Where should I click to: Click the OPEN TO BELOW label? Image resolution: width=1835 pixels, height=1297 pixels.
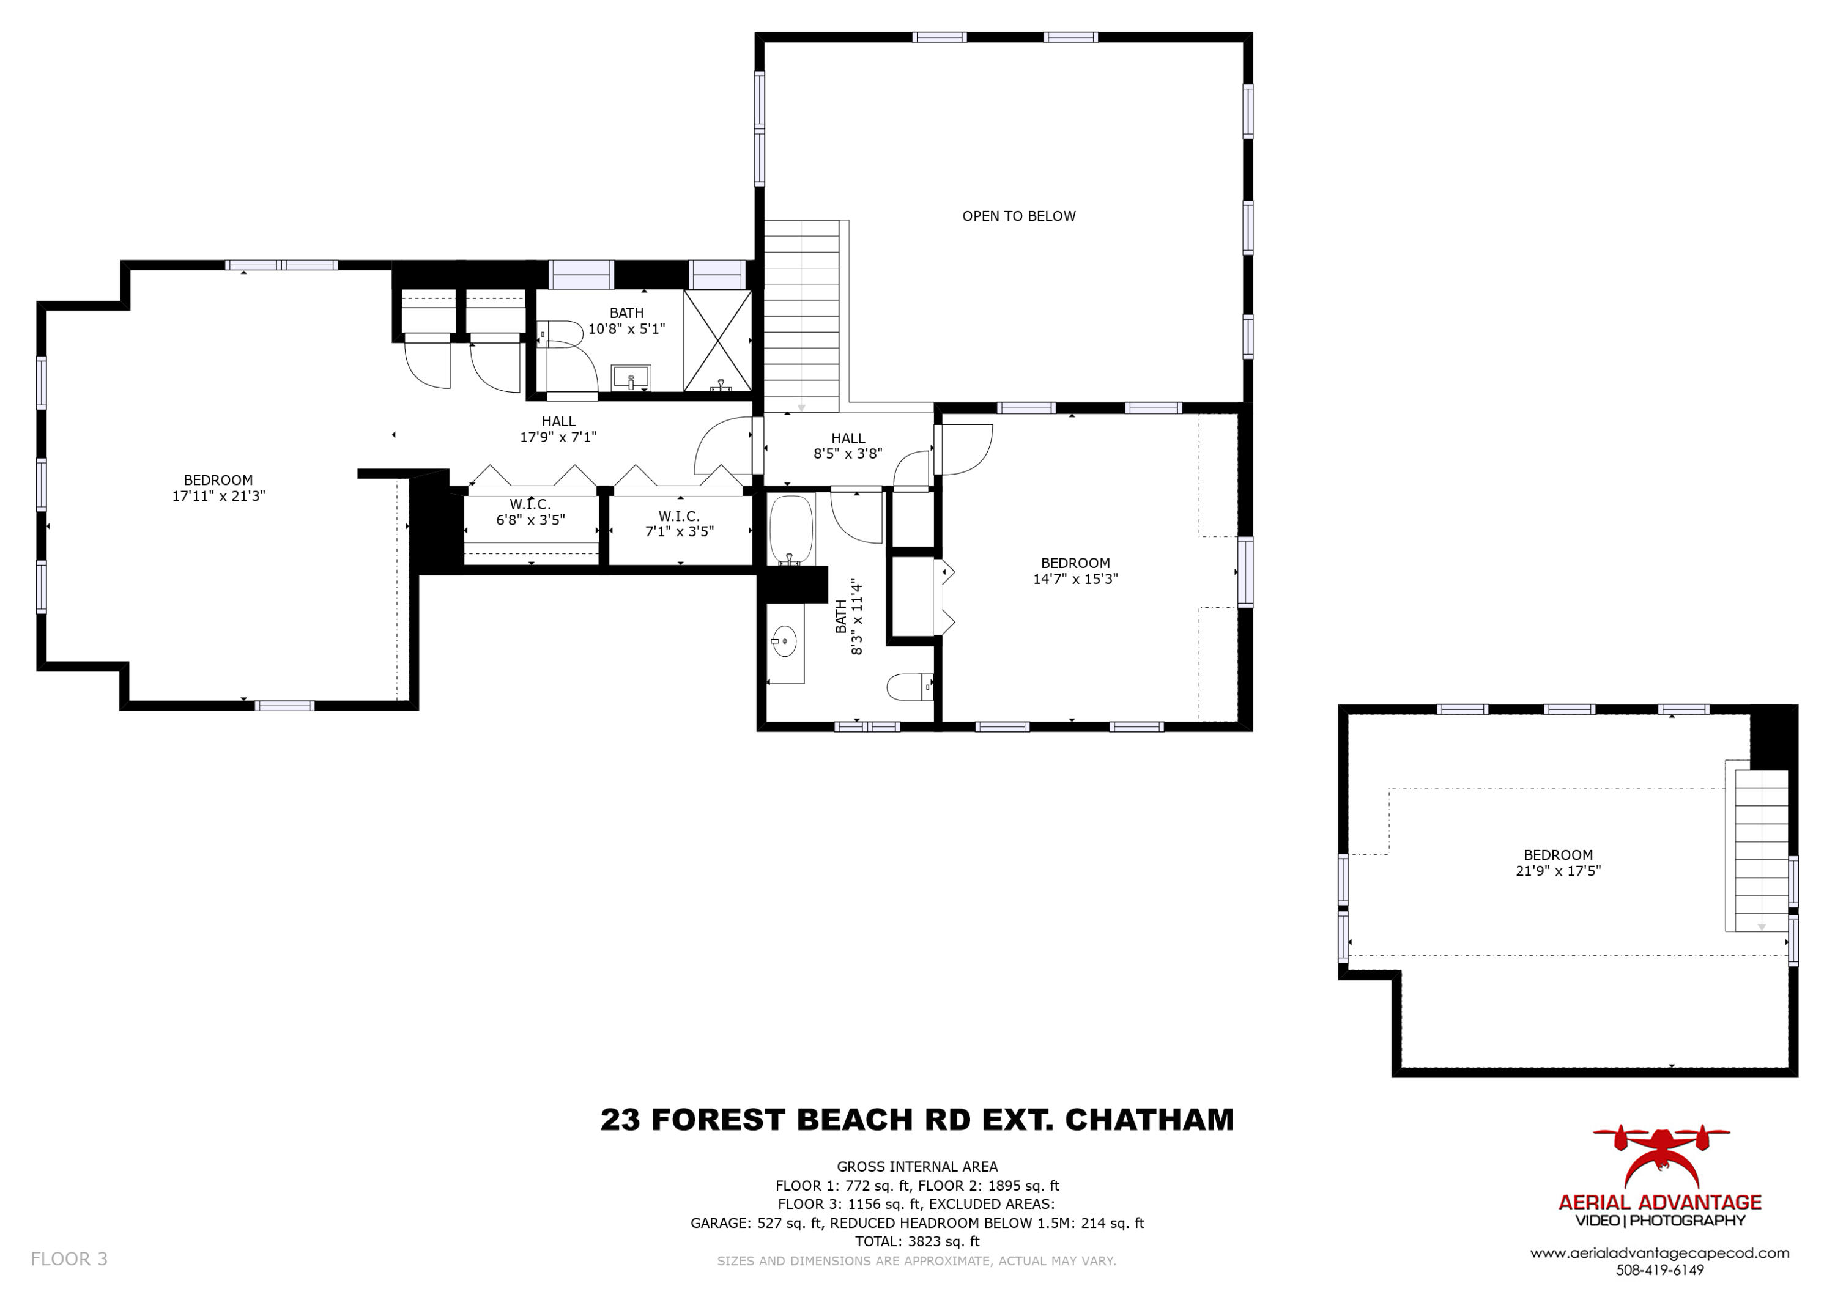(x=1018, y=216)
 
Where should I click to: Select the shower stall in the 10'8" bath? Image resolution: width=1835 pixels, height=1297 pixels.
(x=717, y=341)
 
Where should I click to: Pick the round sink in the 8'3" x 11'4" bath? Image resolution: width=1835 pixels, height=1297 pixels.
(x=784, y=641)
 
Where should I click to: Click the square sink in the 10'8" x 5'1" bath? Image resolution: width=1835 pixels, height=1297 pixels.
(x=631, y=377)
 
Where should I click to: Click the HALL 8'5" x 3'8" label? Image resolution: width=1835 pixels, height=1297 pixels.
(x=847, y=446)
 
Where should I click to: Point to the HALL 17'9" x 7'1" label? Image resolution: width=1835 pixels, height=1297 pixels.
(x=558, y=429)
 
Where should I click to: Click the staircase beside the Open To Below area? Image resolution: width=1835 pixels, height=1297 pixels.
(x=801, y=316)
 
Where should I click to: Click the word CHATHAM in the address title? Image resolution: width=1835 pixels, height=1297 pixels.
(x=1149, y=1120)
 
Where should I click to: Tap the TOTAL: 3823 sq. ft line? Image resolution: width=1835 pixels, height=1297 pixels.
(x=917, y=1241)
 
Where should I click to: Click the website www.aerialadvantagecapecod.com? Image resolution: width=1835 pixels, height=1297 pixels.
(x=1659, y=1253)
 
